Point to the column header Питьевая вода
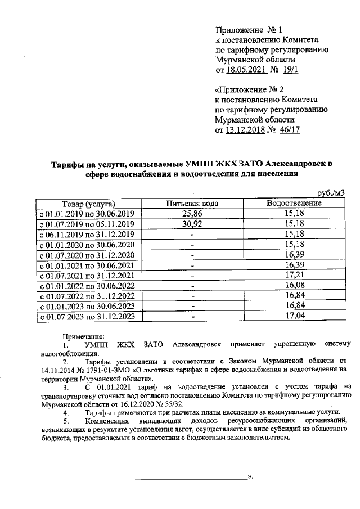click(x=192, y=204)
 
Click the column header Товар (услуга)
click(x=89, y=204)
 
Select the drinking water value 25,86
click(x=192, y=214)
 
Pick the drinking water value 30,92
click(x=192, y=224)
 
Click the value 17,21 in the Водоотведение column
click(x=294, y=276)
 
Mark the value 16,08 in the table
click(x=294, y=286)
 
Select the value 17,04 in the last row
click(x=294, y=316)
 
